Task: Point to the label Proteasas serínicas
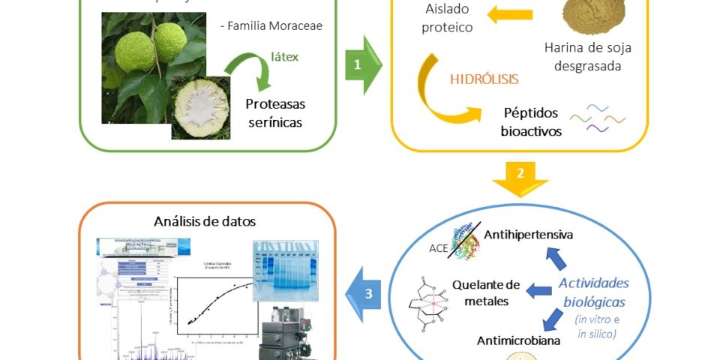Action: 276,112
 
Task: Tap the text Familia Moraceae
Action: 271,26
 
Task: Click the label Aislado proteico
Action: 447,19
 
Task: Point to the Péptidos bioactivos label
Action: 530,121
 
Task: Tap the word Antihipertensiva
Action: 529,235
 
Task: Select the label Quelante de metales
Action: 486,292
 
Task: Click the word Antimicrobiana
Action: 517,340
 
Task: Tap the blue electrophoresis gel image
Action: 285,270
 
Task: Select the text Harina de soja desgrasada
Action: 588,57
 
